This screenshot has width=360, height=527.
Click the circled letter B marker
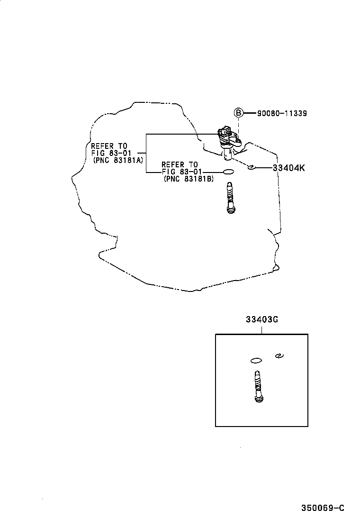[238, 113]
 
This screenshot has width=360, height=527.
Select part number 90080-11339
[282, 113]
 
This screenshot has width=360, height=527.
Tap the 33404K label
[288, 167]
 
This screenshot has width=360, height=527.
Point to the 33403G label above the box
[261, 319]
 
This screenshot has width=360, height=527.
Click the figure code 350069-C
[323, 508]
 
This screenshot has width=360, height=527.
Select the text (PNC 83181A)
[118, 160]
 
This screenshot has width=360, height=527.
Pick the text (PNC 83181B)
[189, 179]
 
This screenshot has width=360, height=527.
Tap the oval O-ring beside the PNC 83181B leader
[228, 172]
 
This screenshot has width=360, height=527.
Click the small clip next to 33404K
[251, 166]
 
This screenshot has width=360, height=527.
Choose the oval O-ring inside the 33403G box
[256, 360]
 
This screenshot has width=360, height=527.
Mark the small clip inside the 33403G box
[279, 356]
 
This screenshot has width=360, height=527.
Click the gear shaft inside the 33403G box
[258, 386]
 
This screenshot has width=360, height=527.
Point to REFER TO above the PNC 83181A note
[109, 146]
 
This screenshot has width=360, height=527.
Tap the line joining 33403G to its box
[261, 329]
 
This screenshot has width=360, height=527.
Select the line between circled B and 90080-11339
[249, 113]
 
